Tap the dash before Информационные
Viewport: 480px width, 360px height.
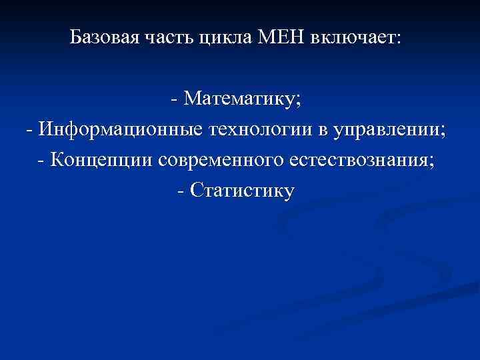coord(29,130)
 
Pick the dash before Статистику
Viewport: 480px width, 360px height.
coord(182,191)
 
